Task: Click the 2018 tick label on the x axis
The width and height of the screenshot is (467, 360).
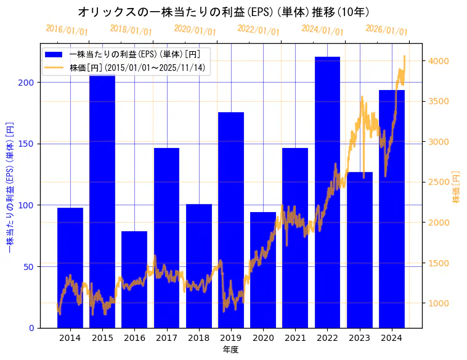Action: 198,338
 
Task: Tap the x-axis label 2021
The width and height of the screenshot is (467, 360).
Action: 295,338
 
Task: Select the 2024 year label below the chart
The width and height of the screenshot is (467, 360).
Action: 391,338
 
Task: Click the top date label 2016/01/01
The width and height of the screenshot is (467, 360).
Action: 67,30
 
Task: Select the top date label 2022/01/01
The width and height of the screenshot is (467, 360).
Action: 258,30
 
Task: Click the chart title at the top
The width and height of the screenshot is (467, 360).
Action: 224,12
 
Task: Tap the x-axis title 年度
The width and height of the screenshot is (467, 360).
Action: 230,350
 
